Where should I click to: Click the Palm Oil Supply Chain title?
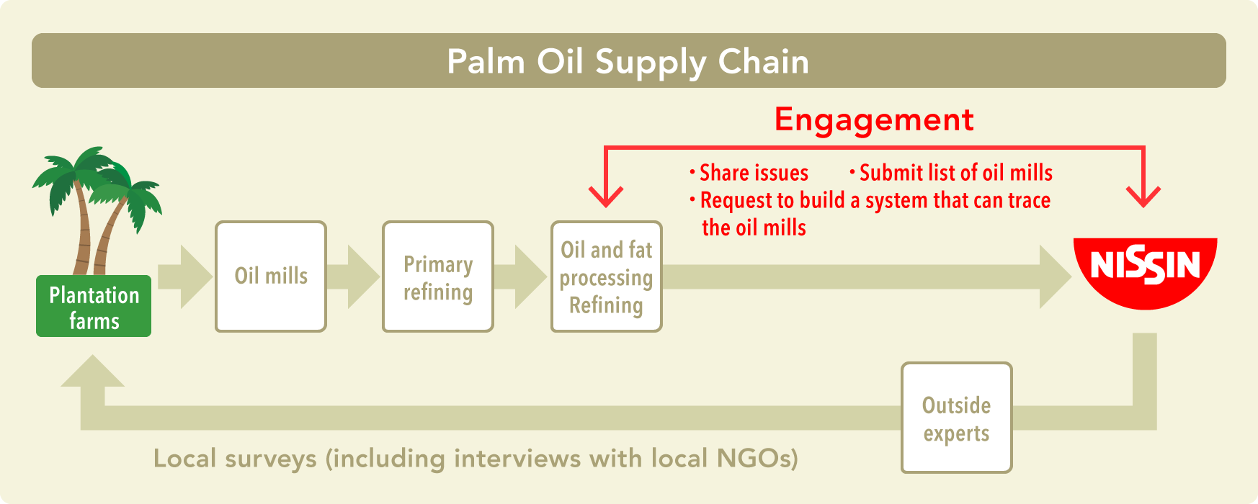pos(628,62)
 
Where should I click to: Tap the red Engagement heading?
pos(874,120)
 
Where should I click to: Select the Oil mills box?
pos(271,276)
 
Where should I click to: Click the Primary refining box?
pos(438,276)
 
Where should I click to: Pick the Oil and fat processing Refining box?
pos(607,276)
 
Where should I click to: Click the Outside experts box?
pos(957,418)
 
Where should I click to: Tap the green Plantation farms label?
pos(94,306)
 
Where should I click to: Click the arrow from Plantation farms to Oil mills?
pos(184,277)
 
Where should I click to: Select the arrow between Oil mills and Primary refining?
pos(353,277)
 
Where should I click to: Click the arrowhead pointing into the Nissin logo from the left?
pos(1056,277)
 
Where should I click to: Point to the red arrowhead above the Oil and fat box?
pos(606,197)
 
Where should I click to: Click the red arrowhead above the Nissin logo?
pos(1143,197)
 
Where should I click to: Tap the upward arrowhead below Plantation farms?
pos(92,371)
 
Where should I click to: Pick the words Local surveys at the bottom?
pos(235,459)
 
